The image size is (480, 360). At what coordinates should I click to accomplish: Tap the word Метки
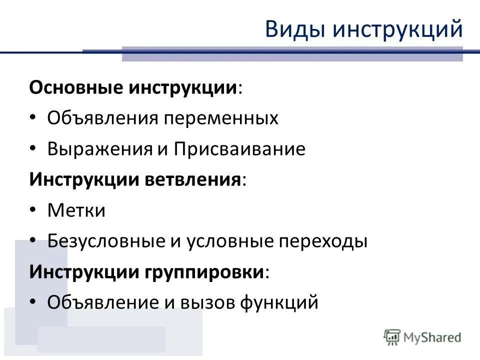pyautogui.click(x=76, y=210)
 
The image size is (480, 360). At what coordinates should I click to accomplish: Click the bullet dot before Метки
pyautogui.click(x=32, y=210)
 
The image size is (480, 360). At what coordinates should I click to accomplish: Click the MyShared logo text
pyautogui.click(x=432, y=337)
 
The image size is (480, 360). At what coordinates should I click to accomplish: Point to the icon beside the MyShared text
pyautogui.click(x=392, y=337)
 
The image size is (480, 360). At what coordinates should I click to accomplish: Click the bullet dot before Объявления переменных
pyautogui.click(x=32, y=118)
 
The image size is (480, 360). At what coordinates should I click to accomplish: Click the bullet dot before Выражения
pyautogui.click(x=32, y=148)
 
